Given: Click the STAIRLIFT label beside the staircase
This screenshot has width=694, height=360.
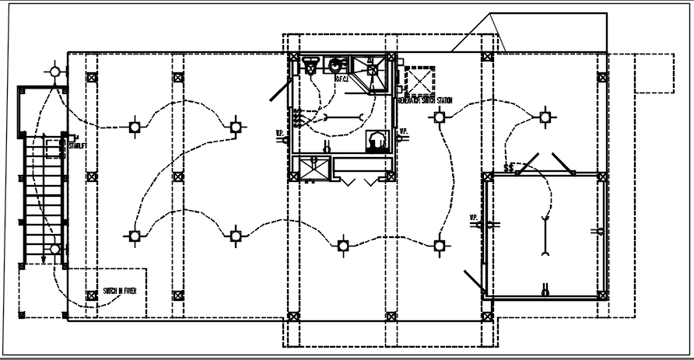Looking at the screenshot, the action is click(78, 145).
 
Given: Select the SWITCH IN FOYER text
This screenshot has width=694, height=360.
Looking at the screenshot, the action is click(120, 291).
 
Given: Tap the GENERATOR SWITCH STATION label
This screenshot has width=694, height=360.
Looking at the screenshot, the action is click(425, 100).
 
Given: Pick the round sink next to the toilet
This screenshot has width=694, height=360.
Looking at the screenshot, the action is click(338, 65).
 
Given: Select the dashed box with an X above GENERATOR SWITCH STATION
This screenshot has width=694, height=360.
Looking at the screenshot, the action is click(420, 81).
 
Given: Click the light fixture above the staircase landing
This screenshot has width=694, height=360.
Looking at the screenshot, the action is click(54, 72).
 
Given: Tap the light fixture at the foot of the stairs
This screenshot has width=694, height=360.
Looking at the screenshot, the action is click(54, 249).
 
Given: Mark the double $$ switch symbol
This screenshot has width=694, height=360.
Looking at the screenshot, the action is click(510, 166).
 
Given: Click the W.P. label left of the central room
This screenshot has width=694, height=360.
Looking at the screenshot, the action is click(279, 132).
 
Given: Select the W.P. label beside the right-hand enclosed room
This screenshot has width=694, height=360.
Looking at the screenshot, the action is click(471, 217).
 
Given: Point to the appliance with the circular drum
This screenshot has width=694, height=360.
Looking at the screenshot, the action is click(377, 140).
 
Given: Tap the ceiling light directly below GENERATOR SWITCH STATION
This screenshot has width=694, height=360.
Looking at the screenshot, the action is click(440, 117).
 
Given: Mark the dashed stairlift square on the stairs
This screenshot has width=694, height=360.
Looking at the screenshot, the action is click(54, 147).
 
